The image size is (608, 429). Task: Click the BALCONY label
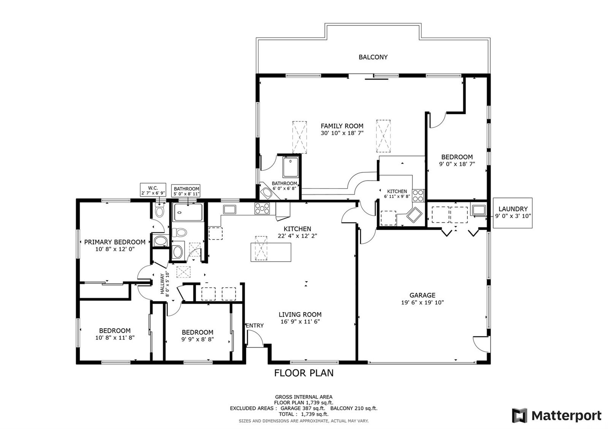[x=373, y=57]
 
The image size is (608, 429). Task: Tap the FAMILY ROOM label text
[x=342, y=126]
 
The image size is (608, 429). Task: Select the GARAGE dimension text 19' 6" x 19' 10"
[x=422, y=302]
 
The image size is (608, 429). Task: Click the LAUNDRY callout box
[x=513, y=213]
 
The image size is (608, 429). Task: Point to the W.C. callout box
[x=153, y=190]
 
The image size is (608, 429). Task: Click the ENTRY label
[x=255, y=326]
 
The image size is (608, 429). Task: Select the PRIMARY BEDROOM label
[x=115, y=242]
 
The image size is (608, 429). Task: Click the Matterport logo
[x=556, y=416]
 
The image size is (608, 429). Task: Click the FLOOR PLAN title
[x=304, y=373]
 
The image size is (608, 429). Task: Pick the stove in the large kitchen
[x=262, y=208]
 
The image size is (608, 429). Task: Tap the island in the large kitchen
[x=271, y=252]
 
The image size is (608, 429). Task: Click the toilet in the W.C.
[x=159, y=211]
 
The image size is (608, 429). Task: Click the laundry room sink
[x=479, y=210]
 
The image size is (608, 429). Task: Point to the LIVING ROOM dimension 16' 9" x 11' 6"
[x=300, y=322]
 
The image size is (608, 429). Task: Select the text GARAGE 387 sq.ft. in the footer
[x=302, y=408]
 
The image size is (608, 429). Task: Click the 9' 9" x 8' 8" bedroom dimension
[x=198, y=339]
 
